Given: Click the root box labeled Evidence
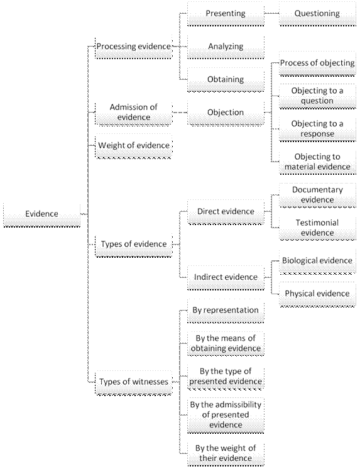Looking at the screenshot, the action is click(42, 215).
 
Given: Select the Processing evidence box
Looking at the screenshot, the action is click(134, 48).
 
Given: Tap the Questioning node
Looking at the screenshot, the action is click(317, 14).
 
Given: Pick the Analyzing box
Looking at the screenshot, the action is click(226, 47).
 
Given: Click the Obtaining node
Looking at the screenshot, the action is click(226, 80).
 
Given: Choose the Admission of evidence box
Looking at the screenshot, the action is click(134, 113).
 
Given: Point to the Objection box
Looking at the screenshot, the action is click(226, 113).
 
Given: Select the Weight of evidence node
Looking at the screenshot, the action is click(134, 146).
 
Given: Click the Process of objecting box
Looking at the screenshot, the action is click(317, 63).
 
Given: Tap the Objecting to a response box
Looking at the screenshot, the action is click(317, 130).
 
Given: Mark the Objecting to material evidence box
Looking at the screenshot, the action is click(317, 162).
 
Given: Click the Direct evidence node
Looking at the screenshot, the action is click(226, 212).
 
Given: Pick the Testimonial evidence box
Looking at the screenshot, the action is click(317, 228).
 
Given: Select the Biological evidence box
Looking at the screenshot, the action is click(317, 262).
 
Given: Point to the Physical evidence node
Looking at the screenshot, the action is click(317, 294).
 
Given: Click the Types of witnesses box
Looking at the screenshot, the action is click(134, 383).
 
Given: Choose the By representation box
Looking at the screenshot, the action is click(226, 311).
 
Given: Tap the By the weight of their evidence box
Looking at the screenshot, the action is click(226, 454).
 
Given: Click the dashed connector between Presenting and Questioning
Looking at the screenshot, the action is click(272, 13).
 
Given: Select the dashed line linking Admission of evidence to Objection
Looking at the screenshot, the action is click(180, 113).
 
